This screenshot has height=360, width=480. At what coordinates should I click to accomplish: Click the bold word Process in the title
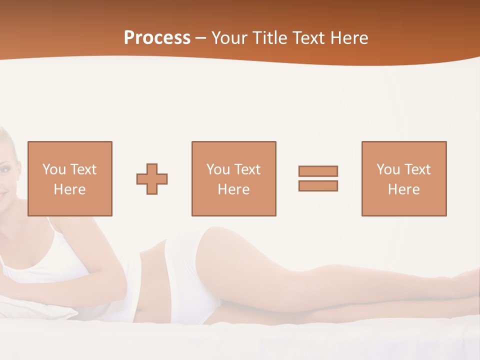point(157,38)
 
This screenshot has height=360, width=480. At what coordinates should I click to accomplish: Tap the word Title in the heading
point(269,38)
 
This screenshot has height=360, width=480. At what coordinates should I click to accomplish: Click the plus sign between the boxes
point(152,179)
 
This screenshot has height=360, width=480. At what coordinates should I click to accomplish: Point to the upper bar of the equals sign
point(318,171)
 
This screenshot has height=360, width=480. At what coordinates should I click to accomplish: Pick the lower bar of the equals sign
point(318,185)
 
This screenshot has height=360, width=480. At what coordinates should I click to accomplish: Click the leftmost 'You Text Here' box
point(69,178)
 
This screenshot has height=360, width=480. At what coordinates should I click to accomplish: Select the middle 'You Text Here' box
point(233,178)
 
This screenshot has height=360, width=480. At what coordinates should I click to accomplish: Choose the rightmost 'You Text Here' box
point(403,178)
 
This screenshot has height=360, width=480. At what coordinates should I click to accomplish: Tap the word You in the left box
point(54,169)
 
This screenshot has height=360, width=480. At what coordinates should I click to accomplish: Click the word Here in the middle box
point(233,189)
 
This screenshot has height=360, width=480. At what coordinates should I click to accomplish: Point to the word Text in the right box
point(417,169)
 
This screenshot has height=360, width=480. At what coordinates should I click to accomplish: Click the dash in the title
point(200,38)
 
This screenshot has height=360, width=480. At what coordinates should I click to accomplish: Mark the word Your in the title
point(229,38)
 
